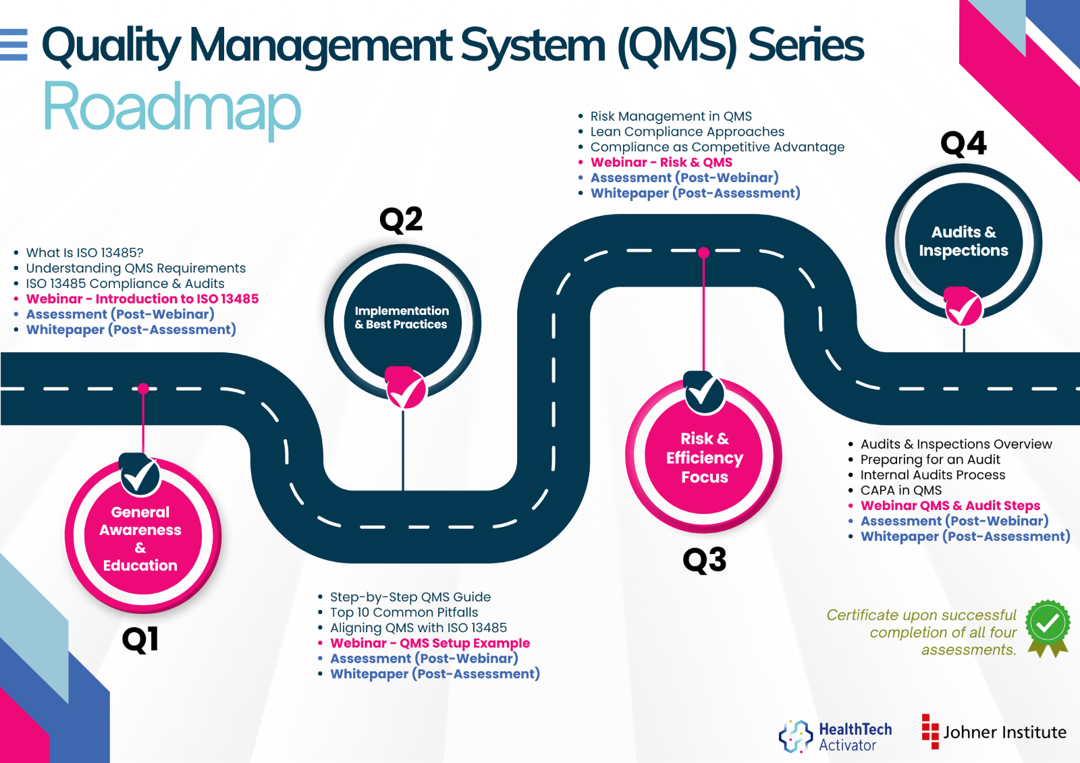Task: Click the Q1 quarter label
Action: pos(140,640)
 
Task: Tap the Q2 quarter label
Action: pos(401,219)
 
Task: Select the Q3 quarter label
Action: pos(705,559)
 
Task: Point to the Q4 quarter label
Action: pos(964,143)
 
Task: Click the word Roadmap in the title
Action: pos(172,109)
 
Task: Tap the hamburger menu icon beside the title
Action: pos(13,45)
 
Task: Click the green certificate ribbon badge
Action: pos(1048,628)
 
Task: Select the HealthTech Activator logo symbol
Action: pos(796,736)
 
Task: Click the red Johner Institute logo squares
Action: pos(930,732)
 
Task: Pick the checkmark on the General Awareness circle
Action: pos(140,475)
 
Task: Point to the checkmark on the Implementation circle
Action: pos(406,388)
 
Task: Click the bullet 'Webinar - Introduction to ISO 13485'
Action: pos(142,299)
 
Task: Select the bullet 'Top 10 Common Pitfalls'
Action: pos(404,612)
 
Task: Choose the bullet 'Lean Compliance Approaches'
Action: pos(687,132)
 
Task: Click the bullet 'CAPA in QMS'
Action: pos(900,490)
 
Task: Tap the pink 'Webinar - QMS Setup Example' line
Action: pos(429,643)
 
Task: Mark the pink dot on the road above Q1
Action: pos(143,389)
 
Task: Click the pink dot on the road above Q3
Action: pos(703,252)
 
